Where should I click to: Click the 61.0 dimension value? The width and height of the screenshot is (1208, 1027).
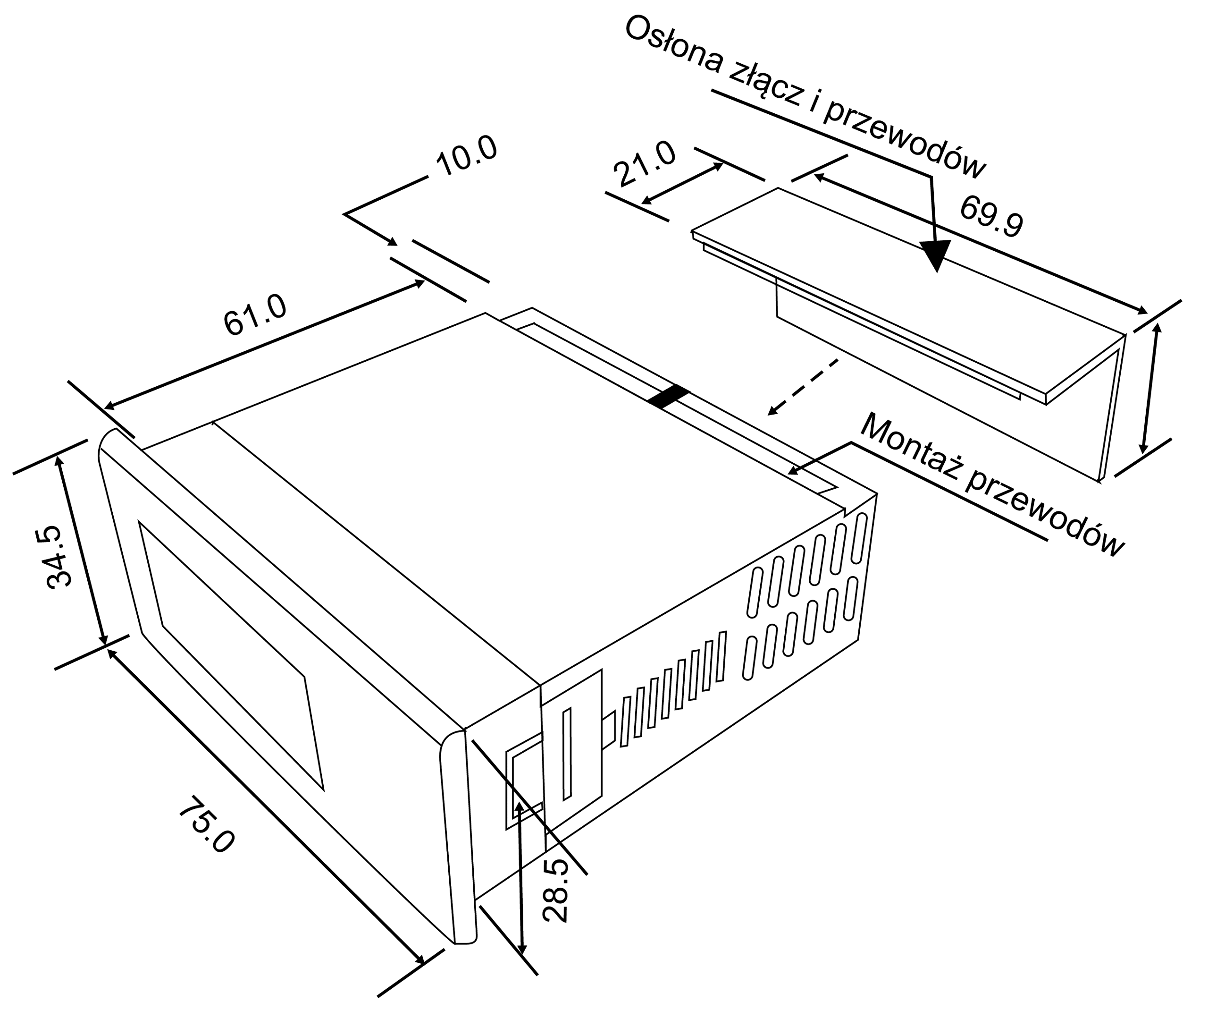click(255, 315)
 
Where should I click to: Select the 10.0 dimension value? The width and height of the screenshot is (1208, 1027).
click(467, 155)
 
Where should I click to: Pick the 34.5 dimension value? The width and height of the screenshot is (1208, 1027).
click(60, 557)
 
